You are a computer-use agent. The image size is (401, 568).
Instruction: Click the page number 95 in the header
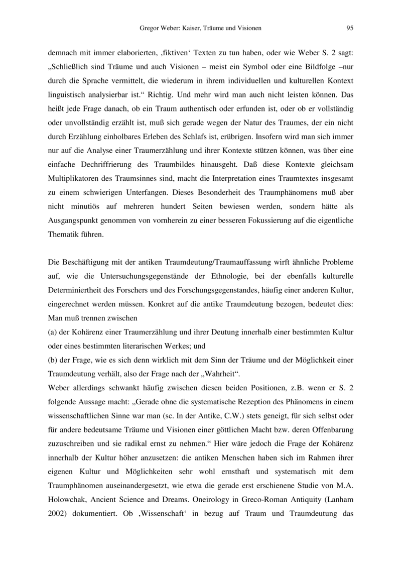coord(350,28)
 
